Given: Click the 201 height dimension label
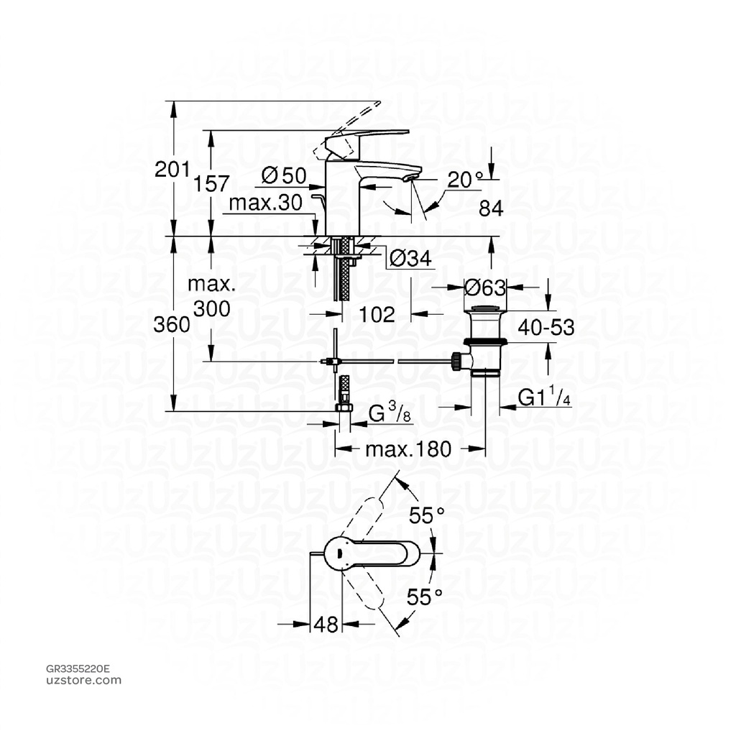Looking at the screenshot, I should click(171, 170).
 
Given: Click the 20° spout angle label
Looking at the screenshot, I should click(464, 180).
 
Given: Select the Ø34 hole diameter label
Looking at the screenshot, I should click(410, 258).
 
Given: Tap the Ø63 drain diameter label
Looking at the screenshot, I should click(486, 287).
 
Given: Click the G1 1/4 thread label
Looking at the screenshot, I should click(545, 398).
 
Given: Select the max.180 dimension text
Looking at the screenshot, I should click(408, 450).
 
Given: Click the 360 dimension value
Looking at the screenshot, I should click(172, 324).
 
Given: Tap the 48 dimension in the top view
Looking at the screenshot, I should click(326, 625).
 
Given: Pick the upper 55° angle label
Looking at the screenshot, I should click(427, 515).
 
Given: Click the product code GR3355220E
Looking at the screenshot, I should click(78, 668).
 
